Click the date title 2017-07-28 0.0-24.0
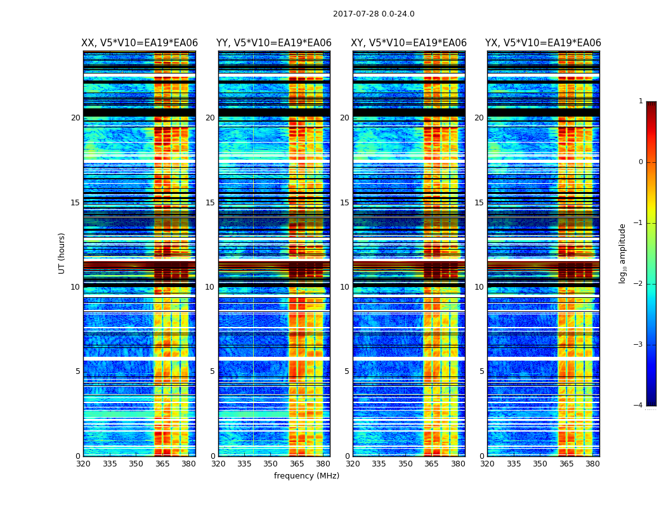coord(374,14)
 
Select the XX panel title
coord(140,43)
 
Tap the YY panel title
coord(274,43)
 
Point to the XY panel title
coord(409,43)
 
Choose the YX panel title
coord(543,43)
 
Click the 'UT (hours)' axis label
coord(62,253)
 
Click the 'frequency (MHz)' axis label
coord(306,476)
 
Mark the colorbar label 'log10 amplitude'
coord(623,253)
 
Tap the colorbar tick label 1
coord(641,101)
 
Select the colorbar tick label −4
coord(639,406)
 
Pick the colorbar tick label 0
coord(641,162)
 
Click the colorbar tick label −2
coord(639,284)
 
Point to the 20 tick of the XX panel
coord(75,118)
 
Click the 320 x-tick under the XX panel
coord(84,464)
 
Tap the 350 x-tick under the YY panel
coord(271,464)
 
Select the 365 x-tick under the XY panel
coord(431,464)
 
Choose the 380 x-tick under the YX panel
coord(592,464)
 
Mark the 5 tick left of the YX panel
coord(481,371)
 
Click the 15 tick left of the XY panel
coord(344,203)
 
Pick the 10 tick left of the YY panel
coord(210,287)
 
